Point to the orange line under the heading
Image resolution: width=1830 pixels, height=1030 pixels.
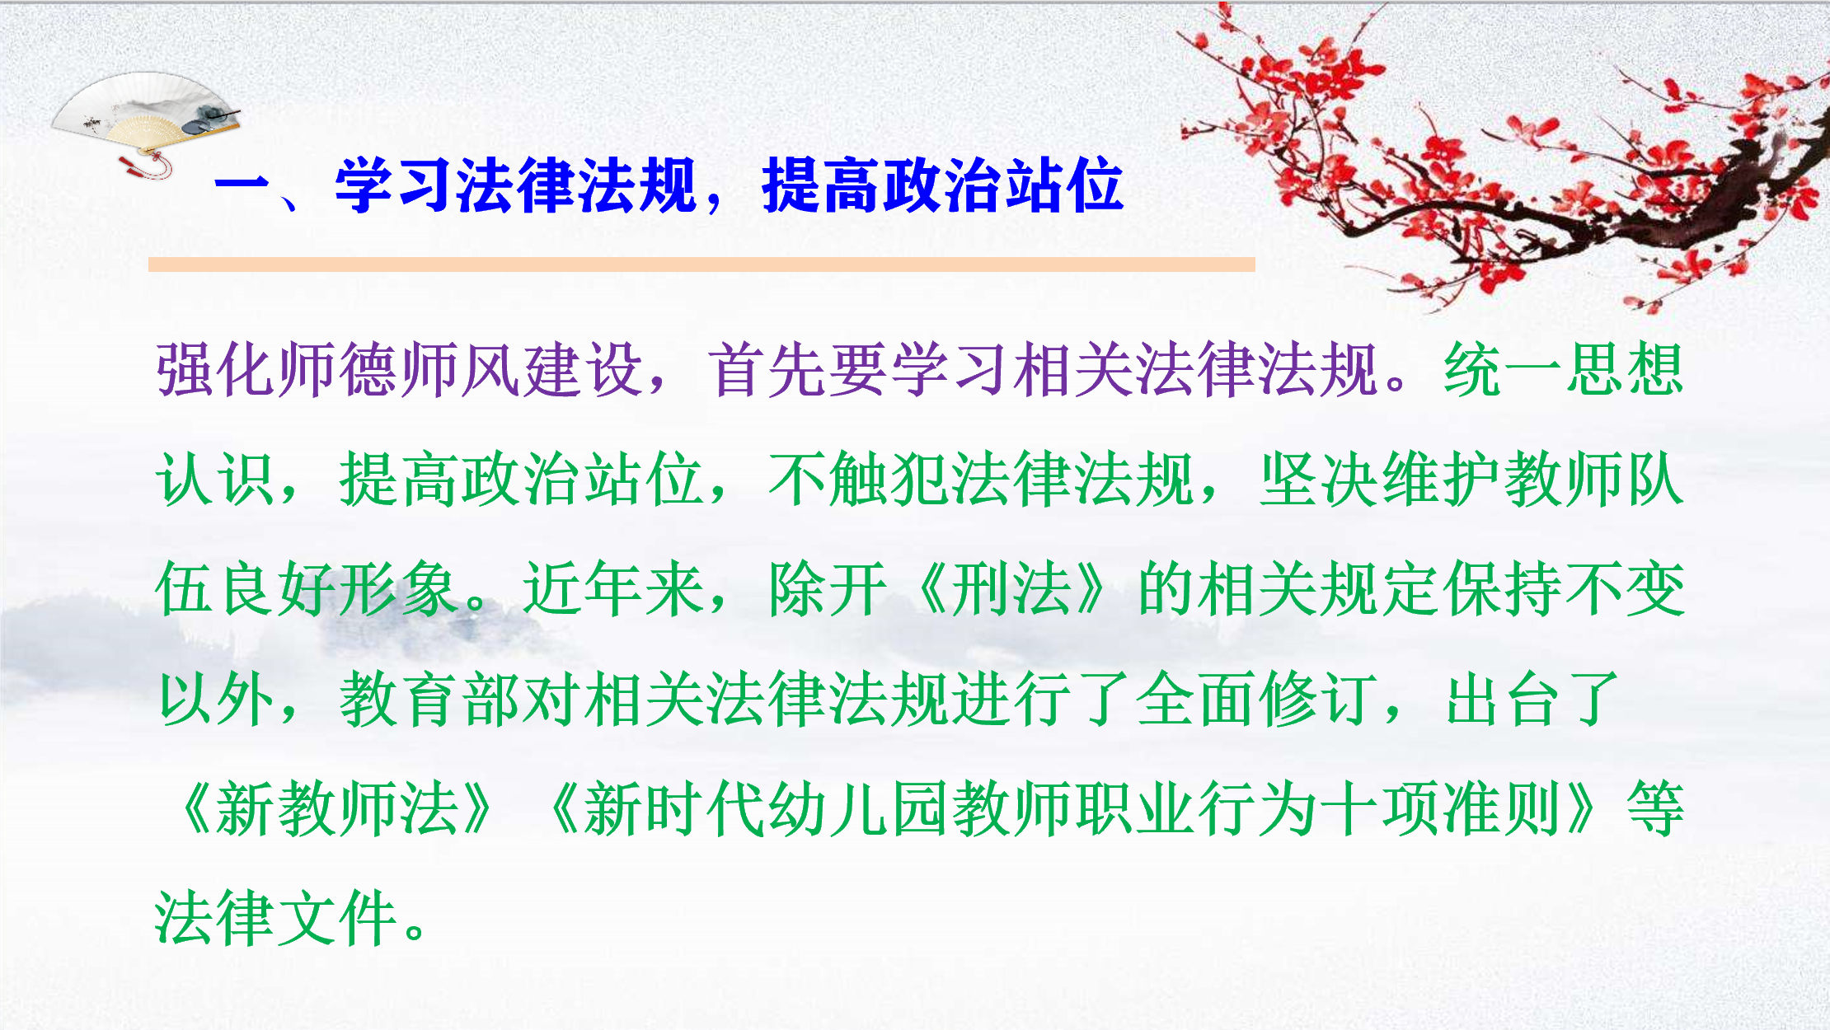pyautogui.click(x=701, y=264)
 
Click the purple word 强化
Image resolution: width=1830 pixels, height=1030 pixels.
pyautogui.click(x=216, y=369)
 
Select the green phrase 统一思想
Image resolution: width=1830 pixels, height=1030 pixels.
pyautogui.click(x=1563, y=369)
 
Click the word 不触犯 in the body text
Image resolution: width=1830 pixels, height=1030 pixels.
pyautogui.click(x=859, y=479)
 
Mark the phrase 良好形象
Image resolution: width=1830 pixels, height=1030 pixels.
pyautogui.click(x=338, y=588)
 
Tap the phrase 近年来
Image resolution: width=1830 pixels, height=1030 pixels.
pyautogui.click(x=614, y=588)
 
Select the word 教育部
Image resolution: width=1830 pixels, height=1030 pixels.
pyautogui.click(x=430, y=699)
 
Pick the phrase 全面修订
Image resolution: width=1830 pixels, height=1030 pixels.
pyautogui.click(x=1257, y=699)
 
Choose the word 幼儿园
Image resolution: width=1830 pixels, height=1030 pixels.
pyautogui.click(x=859, y=808)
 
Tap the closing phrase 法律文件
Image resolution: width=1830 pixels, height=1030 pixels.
pyautogui.click(x=276, y=918)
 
